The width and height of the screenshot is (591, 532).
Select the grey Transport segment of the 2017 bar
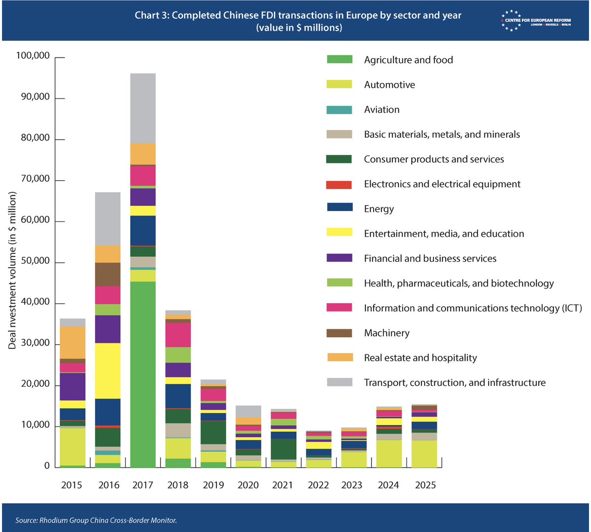(143, 108)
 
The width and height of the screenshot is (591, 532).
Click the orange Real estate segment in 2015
(73, 343)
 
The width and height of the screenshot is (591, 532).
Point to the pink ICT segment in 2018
(178, 335)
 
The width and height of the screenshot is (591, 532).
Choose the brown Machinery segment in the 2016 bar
(108, 275)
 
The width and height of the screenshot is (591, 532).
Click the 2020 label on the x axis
(248, 485)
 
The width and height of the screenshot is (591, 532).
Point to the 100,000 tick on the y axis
(33, 56)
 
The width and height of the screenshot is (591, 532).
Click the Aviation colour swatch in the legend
(340, 109)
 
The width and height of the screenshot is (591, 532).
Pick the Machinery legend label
(386, 333)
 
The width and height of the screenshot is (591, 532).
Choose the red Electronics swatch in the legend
(340, 184)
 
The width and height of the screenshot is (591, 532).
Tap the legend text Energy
(379, 209)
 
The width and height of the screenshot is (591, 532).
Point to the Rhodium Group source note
(96, 520)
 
